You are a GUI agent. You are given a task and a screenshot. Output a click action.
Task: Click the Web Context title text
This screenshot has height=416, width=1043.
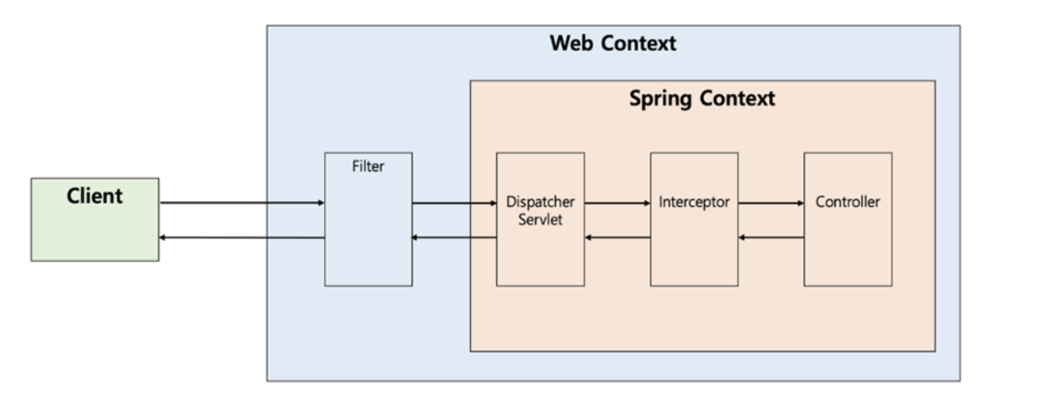pyautogui.click(x=613, y=44)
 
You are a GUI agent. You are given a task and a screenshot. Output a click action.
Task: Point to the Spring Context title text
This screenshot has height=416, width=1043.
pyautogui.click(x=702, y=99)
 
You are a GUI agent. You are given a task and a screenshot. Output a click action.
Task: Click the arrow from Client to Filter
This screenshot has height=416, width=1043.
pyautogui.click(x=242, y=203)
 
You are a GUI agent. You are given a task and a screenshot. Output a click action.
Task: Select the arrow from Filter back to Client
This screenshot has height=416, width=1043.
pyautogui.click(x=242, y=238)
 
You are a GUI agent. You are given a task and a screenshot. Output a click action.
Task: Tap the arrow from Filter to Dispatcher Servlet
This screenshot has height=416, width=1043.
pyautogui.click(x=453, y=203)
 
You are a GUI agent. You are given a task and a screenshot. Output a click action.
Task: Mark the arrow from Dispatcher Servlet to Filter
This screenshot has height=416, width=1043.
pyautogui.click(x=453, y=238)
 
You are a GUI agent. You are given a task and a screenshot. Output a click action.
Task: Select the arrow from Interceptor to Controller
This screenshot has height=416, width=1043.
pyautogui.click(x=771, y=203)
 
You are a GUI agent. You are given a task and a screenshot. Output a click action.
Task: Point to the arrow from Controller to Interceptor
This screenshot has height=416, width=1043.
pyautogui.click(x=771, y=238)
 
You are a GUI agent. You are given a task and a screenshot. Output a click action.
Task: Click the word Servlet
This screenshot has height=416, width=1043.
pyautogui.click(x=540, y=220)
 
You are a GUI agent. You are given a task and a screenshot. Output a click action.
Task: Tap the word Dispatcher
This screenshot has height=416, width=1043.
pyautogui.click(x=540, y=203)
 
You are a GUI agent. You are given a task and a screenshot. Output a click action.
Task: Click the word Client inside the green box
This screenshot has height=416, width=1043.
pyautogui.click(x=95, y=196)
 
